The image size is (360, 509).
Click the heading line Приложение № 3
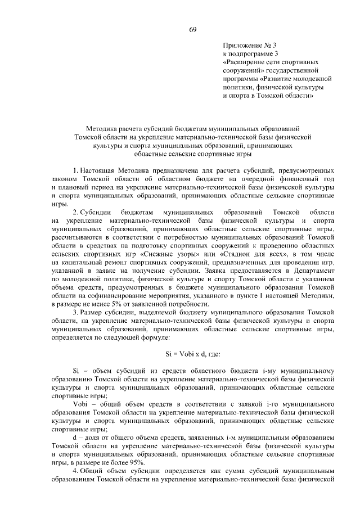pyautogui.click(x=250, y=44)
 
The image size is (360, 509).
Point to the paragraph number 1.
pyautogui.click(x=75, y=169)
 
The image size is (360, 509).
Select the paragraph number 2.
pyautogui.click(x=75, y=212)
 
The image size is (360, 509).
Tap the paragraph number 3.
pyautogui.click(x=75, y=313)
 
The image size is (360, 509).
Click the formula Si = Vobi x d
pyautogui.click(x=188, y=354)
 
